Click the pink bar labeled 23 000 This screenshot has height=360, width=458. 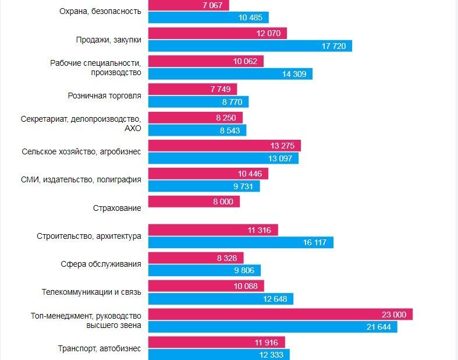280,315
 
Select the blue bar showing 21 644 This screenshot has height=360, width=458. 272,327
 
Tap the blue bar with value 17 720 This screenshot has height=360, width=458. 250,46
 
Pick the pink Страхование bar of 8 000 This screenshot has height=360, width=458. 194,202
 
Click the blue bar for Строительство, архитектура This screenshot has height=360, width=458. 240,242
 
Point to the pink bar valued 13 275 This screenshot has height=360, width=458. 224,146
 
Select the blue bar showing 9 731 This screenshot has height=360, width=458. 204,186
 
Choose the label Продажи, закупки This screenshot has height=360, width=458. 108,40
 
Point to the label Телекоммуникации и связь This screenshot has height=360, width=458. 91,292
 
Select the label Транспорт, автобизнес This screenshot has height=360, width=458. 100,348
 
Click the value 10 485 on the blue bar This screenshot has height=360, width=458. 251,18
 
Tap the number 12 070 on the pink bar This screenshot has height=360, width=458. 268,34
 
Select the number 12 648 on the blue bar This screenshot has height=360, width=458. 276,299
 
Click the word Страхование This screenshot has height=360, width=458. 117,207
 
